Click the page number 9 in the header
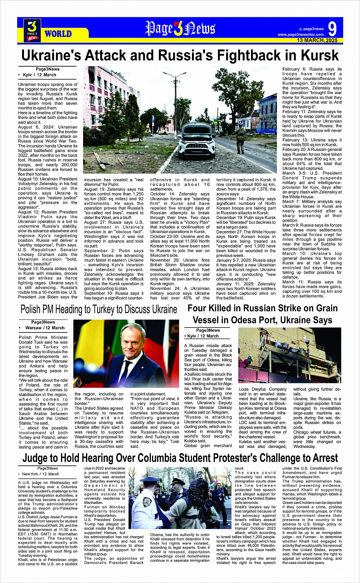tap(332, 29)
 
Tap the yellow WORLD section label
tap(58, 34)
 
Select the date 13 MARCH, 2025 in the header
tap(317, 40)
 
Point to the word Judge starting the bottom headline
tap(38, 458)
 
